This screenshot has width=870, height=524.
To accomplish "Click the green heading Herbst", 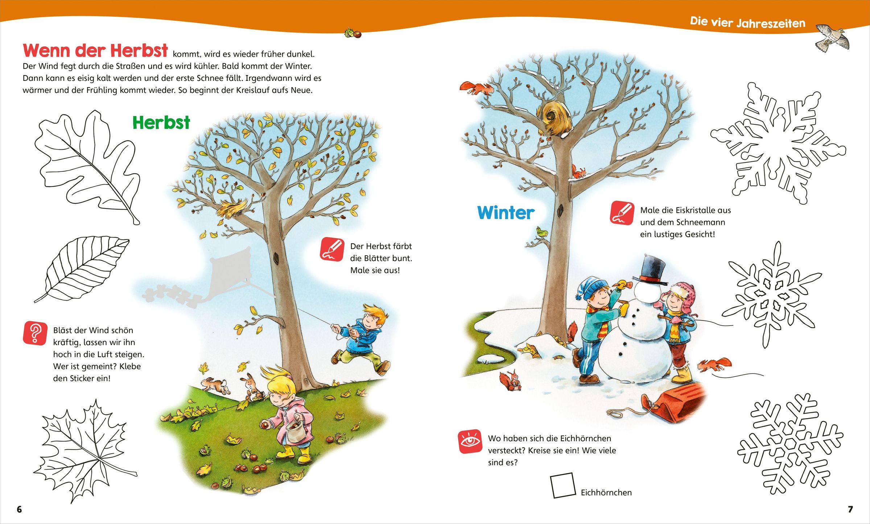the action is tap(161, 123).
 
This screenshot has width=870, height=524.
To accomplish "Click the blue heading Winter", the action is tap(506, 213).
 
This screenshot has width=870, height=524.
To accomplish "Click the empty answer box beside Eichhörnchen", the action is tap(563, 485).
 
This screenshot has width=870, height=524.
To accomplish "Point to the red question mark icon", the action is tap(35, 333).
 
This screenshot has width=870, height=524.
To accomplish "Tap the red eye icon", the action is tap(470, 441).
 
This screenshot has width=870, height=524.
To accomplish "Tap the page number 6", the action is tap(19, 509).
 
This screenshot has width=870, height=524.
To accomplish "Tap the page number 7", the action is tap(850, 509).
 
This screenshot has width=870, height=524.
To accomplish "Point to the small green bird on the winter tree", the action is tap(542, 231).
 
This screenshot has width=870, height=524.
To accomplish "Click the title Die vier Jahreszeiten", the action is tap(747, 22).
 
